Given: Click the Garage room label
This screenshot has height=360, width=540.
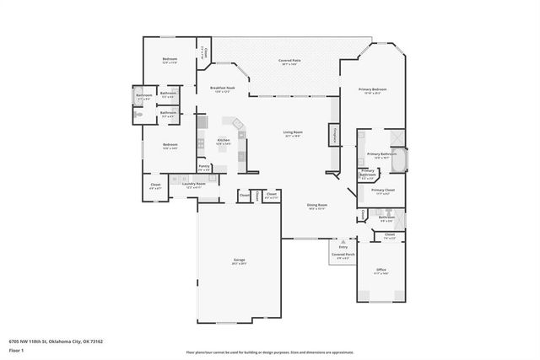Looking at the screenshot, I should tap(239, 261).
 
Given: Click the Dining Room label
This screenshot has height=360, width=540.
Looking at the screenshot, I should tap(316, 206).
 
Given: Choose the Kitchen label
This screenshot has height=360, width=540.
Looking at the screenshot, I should tap(224, 141).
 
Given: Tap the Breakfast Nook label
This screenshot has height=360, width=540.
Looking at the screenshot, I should tap(222, 89).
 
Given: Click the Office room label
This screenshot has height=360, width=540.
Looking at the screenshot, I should tap(381, 271).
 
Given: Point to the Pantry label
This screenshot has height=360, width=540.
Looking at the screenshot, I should tap(204, 167).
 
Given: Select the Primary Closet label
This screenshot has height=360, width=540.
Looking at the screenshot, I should tap(382, 191).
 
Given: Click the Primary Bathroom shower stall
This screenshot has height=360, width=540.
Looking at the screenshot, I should tap(396, 137).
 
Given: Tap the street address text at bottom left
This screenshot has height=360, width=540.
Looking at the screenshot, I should tap(56, 341).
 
